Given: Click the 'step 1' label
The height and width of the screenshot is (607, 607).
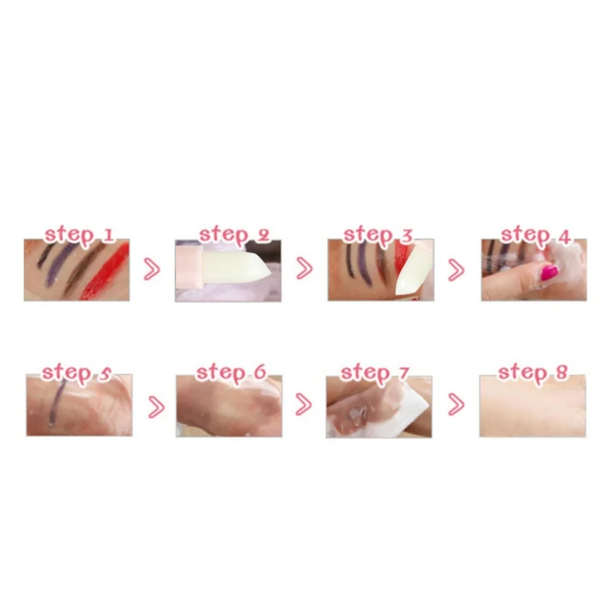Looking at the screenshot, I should [79, 234].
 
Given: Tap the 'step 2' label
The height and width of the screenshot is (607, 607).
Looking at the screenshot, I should [234, 234].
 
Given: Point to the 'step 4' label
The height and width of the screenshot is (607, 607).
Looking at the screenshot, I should [535, 234].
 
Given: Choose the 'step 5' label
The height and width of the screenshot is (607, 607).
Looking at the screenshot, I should [76, 372].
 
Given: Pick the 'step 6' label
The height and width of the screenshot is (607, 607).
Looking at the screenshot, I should [231, 373].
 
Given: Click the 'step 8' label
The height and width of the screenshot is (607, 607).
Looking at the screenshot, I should [533, 373].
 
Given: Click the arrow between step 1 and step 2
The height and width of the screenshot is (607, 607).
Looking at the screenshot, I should [152, 269].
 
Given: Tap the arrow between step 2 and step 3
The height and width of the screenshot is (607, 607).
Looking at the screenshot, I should [303, 269].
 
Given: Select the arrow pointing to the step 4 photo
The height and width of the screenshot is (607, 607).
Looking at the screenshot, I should [456, 269].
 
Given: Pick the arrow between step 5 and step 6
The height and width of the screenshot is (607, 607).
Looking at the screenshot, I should [156, 407].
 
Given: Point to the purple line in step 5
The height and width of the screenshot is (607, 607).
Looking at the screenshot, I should [54, 401].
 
